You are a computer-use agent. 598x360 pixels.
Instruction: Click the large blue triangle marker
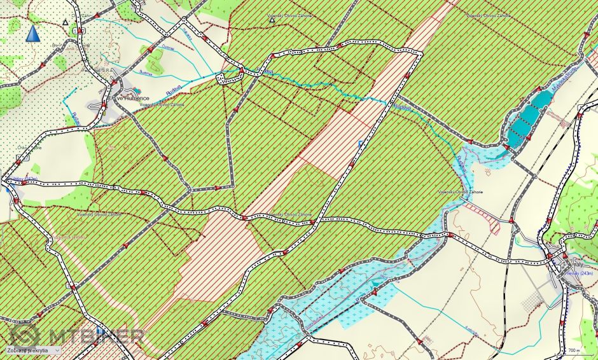[x=32, y=33]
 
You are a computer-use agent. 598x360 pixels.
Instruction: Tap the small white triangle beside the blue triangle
[x=65, y=22]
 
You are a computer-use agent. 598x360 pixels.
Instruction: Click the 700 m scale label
[x=573, y=350]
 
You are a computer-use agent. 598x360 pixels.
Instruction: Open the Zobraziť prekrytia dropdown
[x=31, y=349]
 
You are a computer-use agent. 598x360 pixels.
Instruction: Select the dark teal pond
[x=528, y=118]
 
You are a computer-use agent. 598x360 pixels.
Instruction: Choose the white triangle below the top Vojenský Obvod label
[x=273, y=20]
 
